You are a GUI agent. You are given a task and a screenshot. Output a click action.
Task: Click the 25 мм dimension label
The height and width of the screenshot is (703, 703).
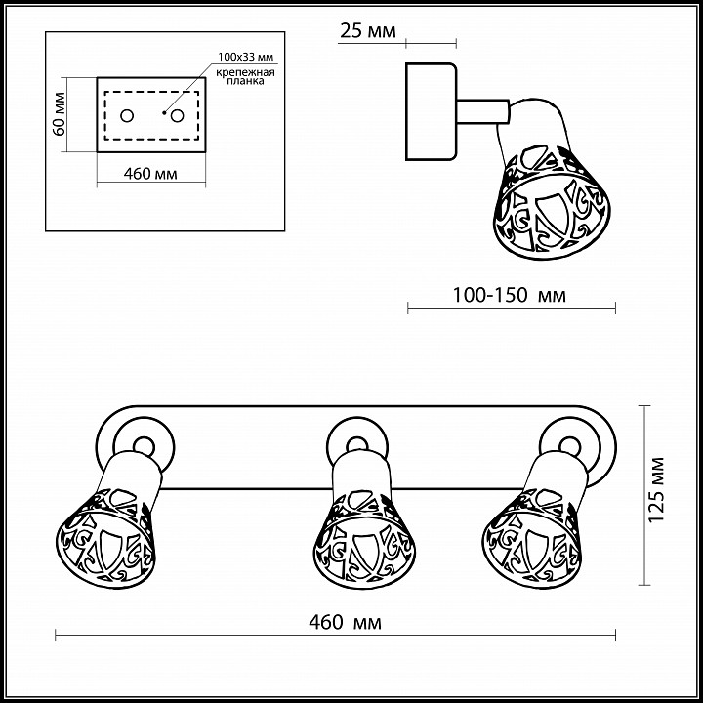point(367,31)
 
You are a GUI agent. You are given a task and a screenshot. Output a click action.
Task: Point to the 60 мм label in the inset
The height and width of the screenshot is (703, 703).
point(59,115)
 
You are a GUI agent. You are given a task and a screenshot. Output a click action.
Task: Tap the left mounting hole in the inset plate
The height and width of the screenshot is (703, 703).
point(127,116)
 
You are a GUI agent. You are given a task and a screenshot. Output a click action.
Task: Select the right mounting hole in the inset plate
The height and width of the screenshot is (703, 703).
point(178,116)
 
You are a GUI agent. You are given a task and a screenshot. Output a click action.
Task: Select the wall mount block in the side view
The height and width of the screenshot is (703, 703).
point(431,111)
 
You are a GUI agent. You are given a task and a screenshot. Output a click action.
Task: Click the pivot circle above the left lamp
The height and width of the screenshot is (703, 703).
point(142,444)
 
